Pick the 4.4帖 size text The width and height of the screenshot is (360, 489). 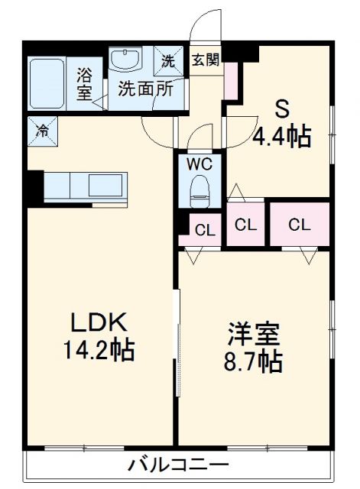tap(281, 137)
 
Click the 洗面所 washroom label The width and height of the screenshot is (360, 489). tap(144, 88)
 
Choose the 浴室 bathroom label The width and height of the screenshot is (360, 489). tap(86, 83)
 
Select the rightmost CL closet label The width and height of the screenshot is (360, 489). tap(300, 225)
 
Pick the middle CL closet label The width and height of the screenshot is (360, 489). tap(245, 225)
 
